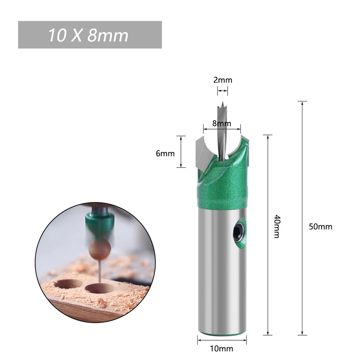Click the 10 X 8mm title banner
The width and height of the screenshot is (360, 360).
[x=90, y=35]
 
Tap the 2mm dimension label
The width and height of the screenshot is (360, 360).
[x=223, y=80]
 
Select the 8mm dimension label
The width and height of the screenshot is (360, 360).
[x=222, y=123]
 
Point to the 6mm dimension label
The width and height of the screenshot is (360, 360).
[x=165, y=154]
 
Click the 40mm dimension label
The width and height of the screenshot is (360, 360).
[x=277, y=226]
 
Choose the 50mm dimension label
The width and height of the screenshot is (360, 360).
[x=320, y=227]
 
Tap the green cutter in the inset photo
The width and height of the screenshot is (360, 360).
[x=98, y=223]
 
